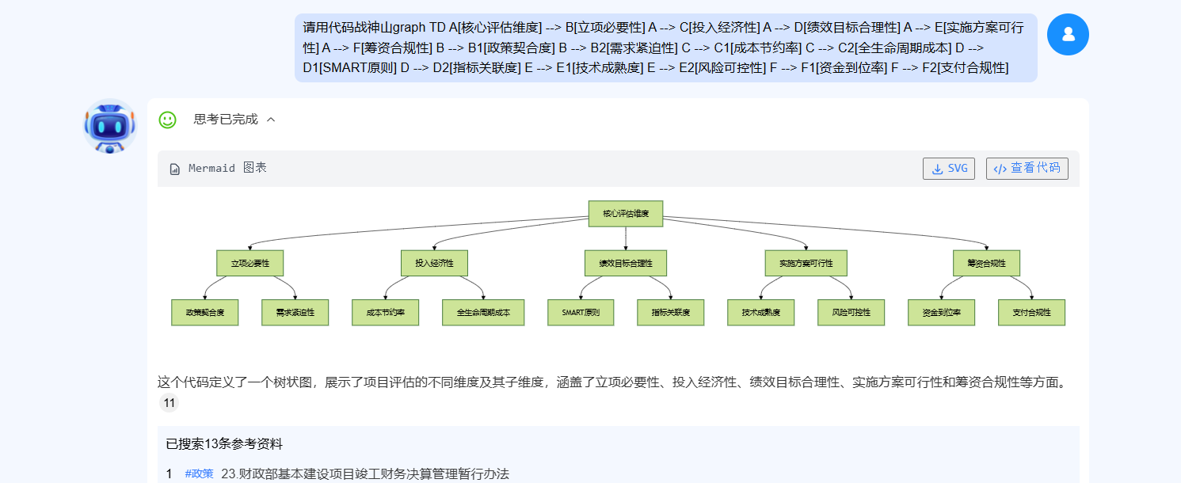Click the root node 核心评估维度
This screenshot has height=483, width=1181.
point(625,214)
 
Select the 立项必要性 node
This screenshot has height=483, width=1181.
point(250,263)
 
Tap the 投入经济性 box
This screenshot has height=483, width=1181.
point(434,263)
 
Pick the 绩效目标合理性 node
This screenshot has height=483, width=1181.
point(625,263)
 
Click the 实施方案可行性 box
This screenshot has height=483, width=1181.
point(806,263)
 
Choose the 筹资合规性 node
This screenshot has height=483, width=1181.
point(986,263)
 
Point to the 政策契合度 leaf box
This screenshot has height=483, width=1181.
point(204,313)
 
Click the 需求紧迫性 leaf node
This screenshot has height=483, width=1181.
point(295,313)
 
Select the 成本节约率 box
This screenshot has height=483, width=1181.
point(385,313)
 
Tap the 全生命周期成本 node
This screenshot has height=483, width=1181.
point(483,313)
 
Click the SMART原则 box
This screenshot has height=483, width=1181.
point(581,313)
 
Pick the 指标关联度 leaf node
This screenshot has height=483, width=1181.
point(670,313)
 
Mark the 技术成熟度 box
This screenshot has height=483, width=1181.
point(761,313)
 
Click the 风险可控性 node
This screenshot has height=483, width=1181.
point(851,313)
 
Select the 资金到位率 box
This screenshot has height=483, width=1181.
point(941,313)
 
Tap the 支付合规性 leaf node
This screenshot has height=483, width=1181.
point(1031,313)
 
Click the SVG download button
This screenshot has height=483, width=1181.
point(948,169)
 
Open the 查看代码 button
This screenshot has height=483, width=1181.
point(1027,169)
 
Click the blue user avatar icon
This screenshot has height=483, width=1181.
point(1068,34)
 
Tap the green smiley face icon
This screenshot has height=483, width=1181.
point(167,120)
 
